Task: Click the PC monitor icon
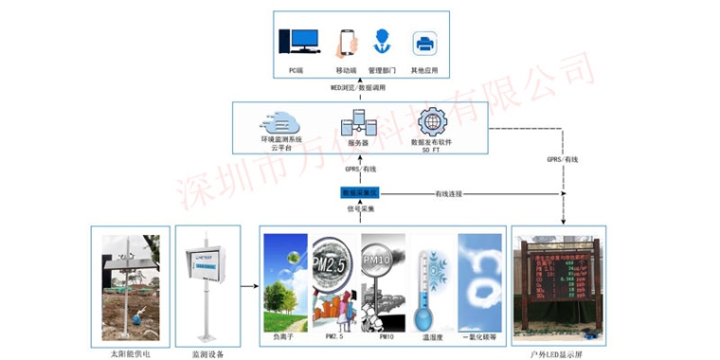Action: pos(298,43)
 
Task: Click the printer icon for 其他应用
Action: pos(423,44)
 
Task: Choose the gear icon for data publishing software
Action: pos(431,122)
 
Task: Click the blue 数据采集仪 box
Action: pos(359,192)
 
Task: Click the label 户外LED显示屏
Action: pos(558,351)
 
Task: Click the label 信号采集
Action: pos(360,208)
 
